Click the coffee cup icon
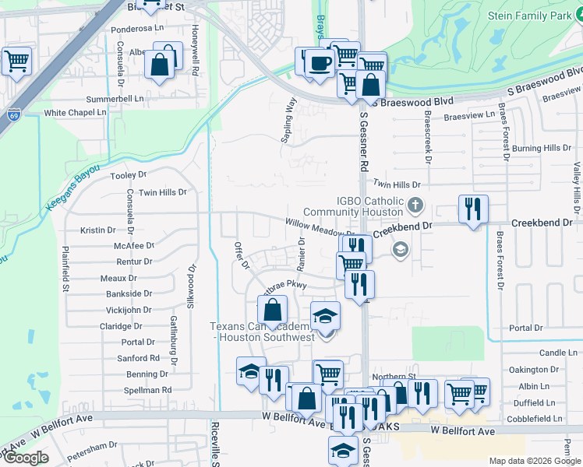tap(317, 63)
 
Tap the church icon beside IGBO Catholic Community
tap(415, 206)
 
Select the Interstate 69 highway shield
tap(14, 115)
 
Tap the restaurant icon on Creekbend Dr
tap(473, 209)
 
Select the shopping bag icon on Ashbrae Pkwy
tap(271, 311)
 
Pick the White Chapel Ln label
tap(75, 113)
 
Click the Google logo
tap(25, 458)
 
